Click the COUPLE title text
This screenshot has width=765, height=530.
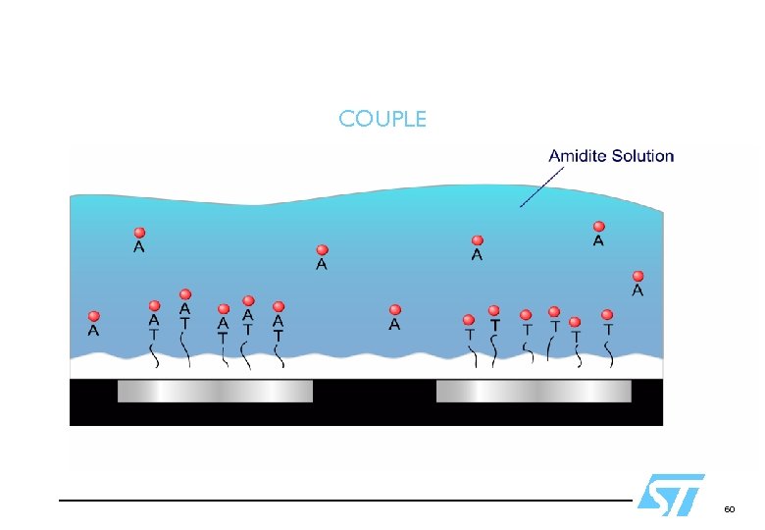coord(382,119)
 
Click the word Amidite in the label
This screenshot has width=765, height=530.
coord(578,156)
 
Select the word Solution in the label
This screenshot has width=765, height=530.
coord(643,156)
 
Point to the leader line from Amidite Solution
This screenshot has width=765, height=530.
coord(541,185)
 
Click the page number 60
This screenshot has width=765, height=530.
coord(729,509)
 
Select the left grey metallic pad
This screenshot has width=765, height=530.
coord(215,391)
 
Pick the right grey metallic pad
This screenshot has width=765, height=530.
coord(534,391)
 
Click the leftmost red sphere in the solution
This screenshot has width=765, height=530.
coord(94,316)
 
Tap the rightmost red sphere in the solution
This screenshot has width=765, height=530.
coord(637,276)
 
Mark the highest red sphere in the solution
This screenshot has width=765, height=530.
coord(598,227)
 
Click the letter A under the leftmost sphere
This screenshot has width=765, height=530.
coord(94,332)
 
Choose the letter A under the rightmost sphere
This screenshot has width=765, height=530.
coord(637,291)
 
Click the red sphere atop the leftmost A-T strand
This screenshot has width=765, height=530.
coord(154,306)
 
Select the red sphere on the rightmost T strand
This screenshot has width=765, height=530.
coord(608,315)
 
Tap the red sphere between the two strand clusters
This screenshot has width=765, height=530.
coord(395,309)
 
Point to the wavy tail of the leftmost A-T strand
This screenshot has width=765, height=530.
coord(156,352)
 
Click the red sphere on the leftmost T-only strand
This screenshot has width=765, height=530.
coord(469,320)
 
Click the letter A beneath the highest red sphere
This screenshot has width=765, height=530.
coord(598,241)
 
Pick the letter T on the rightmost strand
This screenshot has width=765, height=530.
coord(608,331)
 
